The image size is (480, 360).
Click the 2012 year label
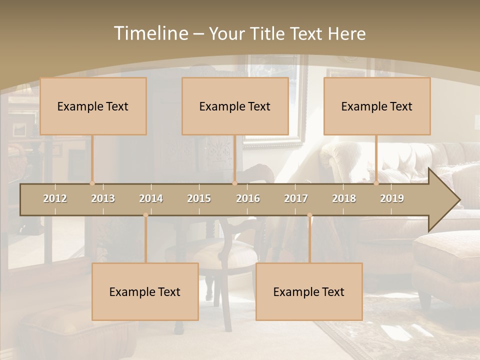coord(55,198)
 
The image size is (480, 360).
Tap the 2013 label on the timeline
coord(103,198)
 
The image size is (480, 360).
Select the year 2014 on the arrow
coord(151,198)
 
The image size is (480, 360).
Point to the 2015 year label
coord(199,198)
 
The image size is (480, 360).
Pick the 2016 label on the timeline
coord(248,198)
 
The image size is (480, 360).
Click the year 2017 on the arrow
coord(296,198)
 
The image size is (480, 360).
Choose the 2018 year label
coord(344,198)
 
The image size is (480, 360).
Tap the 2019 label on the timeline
coord(392,198)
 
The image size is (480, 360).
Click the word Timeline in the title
coord(150,33)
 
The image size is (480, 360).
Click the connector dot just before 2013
coord(92,183)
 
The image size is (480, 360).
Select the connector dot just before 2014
coord(145,215)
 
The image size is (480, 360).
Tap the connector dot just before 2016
coord(234,183)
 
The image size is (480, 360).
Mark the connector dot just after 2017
coord(309,215)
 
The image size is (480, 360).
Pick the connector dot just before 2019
coord(376,183)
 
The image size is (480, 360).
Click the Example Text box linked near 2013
coord(93,106)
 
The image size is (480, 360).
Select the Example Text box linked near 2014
coord(145,291)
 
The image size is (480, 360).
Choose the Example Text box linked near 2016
coord(235,106)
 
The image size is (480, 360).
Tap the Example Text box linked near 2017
coord(309,291)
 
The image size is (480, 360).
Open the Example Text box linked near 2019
coord(377,106)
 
